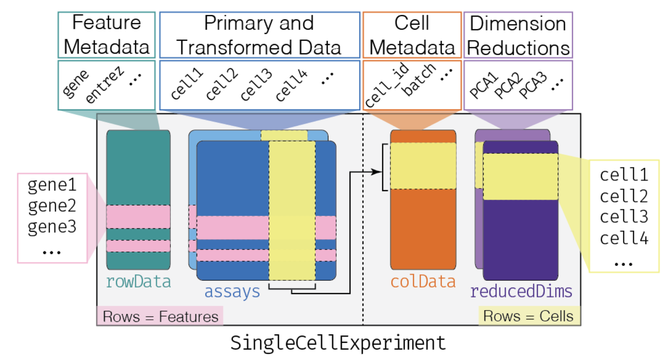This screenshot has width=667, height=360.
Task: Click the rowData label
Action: pos(138,282)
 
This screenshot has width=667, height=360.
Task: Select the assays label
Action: pos(232,292)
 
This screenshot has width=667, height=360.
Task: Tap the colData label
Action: pos(422,282)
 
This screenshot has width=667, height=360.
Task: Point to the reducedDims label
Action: pos(521,291)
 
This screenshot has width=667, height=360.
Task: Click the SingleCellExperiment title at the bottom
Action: pos(338,343)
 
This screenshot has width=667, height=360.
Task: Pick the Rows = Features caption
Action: pos(160,316)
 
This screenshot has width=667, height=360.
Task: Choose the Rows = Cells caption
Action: pos(528,316)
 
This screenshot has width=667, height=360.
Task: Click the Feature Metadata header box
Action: pos(106,35)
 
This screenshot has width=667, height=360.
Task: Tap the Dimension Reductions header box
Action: pos(518,35)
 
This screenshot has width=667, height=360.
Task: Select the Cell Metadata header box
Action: pos(411,35)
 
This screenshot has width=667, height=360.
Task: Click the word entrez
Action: pos(104,85)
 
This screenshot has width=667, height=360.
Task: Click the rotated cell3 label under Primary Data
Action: pos(256,85)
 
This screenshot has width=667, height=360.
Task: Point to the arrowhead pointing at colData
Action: pos(376,172)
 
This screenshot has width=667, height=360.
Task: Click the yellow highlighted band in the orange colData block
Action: pos(423,166)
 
